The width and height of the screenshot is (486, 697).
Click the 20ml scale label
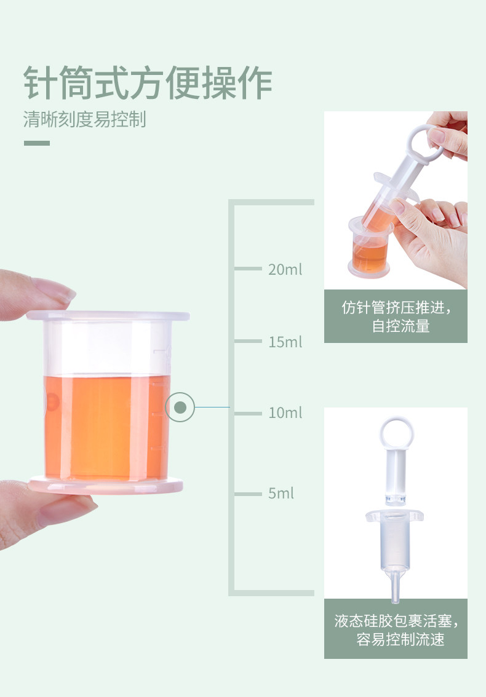coord(285,269)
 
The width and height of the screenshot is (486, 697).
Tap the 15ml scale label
coord(285,342)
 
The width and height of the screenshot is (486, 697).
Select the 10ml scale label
coord(285,413)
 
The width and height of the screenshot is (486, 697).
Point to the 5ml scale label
coord(281,493)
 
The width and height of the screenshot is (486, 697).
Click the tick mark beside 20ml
coord(248,269)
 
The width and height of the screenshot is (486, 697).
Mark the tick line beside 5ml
coord(248,494)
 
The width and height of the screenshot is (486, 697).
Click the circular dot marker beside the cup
coord(180,407)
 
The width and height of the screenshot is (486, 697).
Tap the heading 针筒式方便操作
coord(148,83)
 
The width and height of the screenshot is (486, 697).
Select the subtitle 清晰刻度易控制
coord(84,119)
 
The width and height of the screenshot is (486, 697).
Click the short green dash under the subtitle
coord(37,143)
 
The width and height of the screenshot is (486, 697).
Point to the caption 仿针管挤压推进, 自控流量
coord(396,317)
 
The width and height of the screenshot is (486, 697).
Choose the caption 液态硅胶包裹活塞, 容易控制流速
coord(396,630)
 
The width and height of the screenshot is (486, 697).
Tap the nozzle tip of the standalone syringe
coord(395,598)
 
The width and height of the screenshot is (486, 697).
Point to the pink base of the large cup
coord(105,485)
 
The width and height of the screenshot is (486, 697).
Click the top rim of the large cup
coord(108,316)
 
